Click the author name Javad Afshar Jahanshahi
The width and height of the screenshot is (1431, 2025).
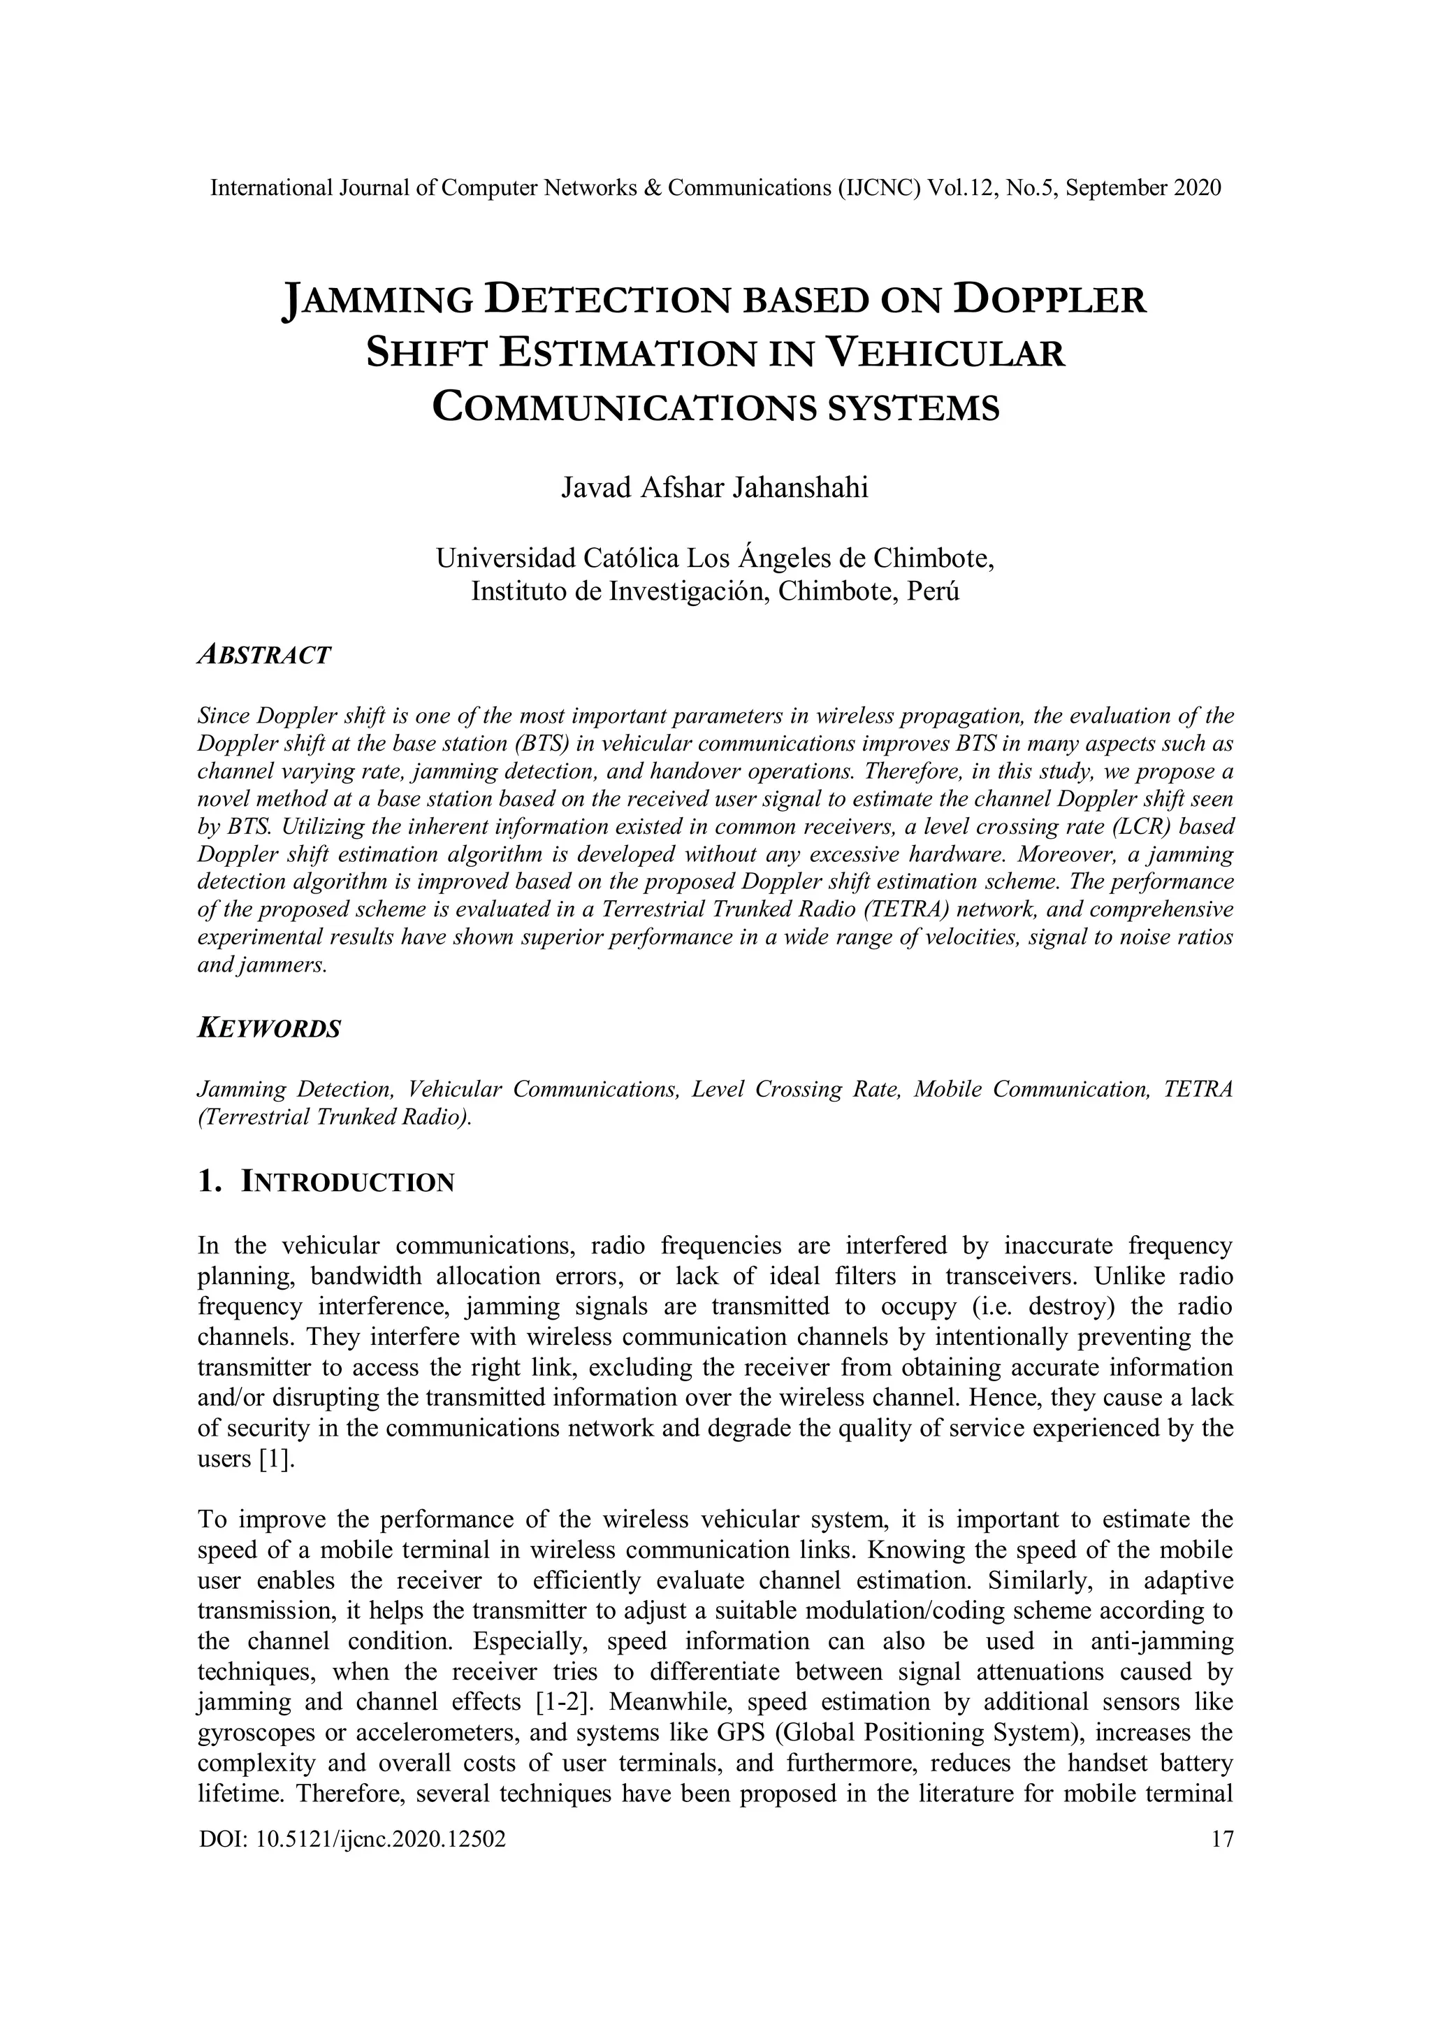pyautogui.click(x=714, y=488)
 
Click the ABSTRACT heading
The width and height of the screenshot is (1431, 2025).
pyautogui.click(x=263, y=655)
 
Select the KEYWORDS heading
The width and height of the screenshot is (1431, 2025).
pyautogui.click(x=269, y=1028)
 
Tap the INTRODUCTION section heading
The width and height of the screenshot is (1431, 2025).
pyautogui.click(x=347, y=1183)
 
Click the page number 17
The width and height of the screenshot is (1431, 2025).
pyautogui.click(x=1223, y=1839)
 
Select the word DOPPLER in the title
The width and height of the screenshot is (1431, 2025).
pyautogui.click(x=1050, y=300)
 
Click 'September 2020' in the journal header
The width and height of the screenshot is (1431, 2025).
pyautogui.click(x=1144, y=188)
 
